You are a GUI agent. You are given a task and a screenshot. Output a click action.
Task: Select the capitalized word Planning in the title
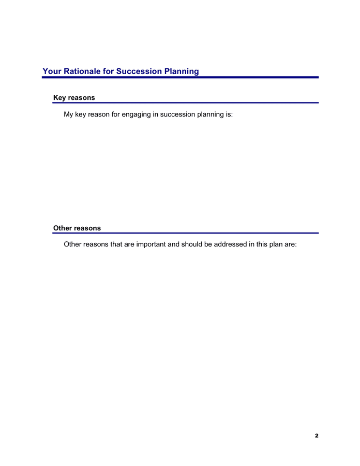[182, 71]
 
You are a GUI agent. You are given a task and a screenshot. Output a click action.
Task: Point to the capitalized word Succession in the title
[139, 71]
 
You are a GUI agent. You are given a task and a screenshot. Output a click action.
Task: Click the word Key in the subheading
[60, 97]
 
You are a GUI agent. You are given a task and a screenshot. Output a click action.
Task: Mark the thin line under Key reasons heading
[186, 103]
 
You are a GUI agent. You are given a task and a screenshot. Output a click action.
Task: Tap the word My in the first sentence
[68, 114]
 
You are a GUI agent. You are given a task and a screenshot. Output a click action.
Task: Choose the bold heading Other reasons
[77, 228]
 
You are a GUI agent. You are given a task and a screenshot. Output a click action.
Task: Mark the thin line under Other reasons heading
[186, 233]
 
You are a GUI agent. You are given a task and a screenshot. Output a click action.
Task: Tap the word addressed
[225, 244]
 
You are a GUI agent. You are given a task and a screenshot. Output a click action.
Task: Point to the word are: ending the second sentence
[290, 244]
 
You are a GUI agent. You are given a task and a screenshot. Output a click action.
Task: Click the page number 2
[317, 436]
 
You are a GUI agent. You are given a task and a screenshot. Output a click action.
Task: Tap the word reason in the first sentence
[98, 114]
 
